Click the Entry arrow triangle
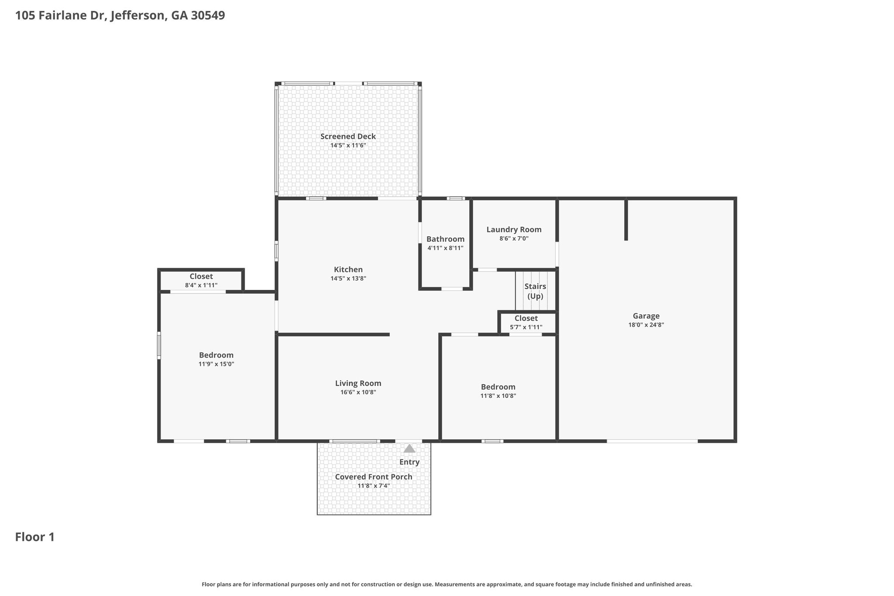(x=409, y=448)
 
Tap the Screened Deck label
(x=348, y=136)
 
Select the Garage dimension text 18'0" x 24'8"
(x=646, y=325)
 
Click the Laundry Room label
(x=514, y=230)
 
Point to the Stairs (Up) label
(x=535, y=291)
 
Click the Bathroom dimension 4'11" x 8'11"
(x=445, y=248)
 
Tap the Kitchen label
(x=348, y=269)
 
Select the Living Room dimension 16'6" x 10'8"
(x=358, y=392)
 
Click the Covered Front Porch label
(x=374, y=477)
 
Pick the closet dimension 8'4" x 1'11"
(x=201, y=285)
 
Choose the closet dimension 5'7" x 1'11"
(x=526, y=327)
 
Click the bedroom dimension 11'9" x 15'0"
(x=216, y=364)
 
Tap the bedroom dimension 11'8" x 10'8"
(x=498, y=396)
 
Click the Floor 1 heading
(x=35, y=537)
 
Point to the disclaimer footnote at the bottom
(x=447, y=584)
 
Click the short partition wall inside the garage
(x=626, y=220)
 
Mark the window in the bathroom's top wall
(x=456, y=198)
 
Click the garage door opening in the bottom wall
(x=652, y=441)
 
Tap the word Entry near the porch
(x=409, y=462)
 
